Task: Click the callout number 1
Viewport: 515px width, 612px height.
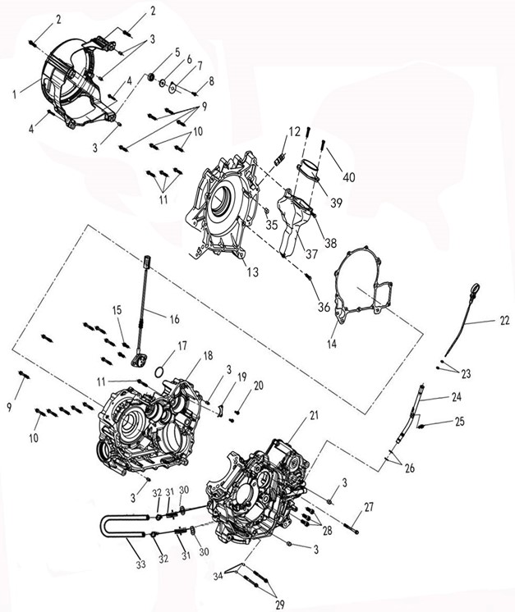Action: pos(15,94)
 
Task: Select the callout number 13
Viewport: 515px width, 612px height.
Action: pos(253,272)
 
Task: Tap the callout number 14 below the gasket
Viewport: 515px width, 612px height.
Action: pos(332,344)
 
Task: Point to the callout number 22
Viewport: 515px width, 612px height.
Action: pos(504,320)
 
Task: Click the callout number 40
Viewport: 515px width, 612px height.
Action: pos(349,177)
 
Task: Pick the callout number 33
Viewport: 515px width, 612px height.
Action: pos(140,564)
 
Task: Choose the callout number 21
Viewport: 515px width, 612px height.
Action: pos(314,415)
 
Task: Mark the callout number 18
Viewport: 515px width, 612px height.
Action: pos(208,355)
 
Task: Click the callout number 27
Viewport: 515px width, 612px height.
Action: pos(369,507)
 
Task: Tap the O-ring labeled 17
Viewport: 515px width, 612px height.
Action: pos(159,372)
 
